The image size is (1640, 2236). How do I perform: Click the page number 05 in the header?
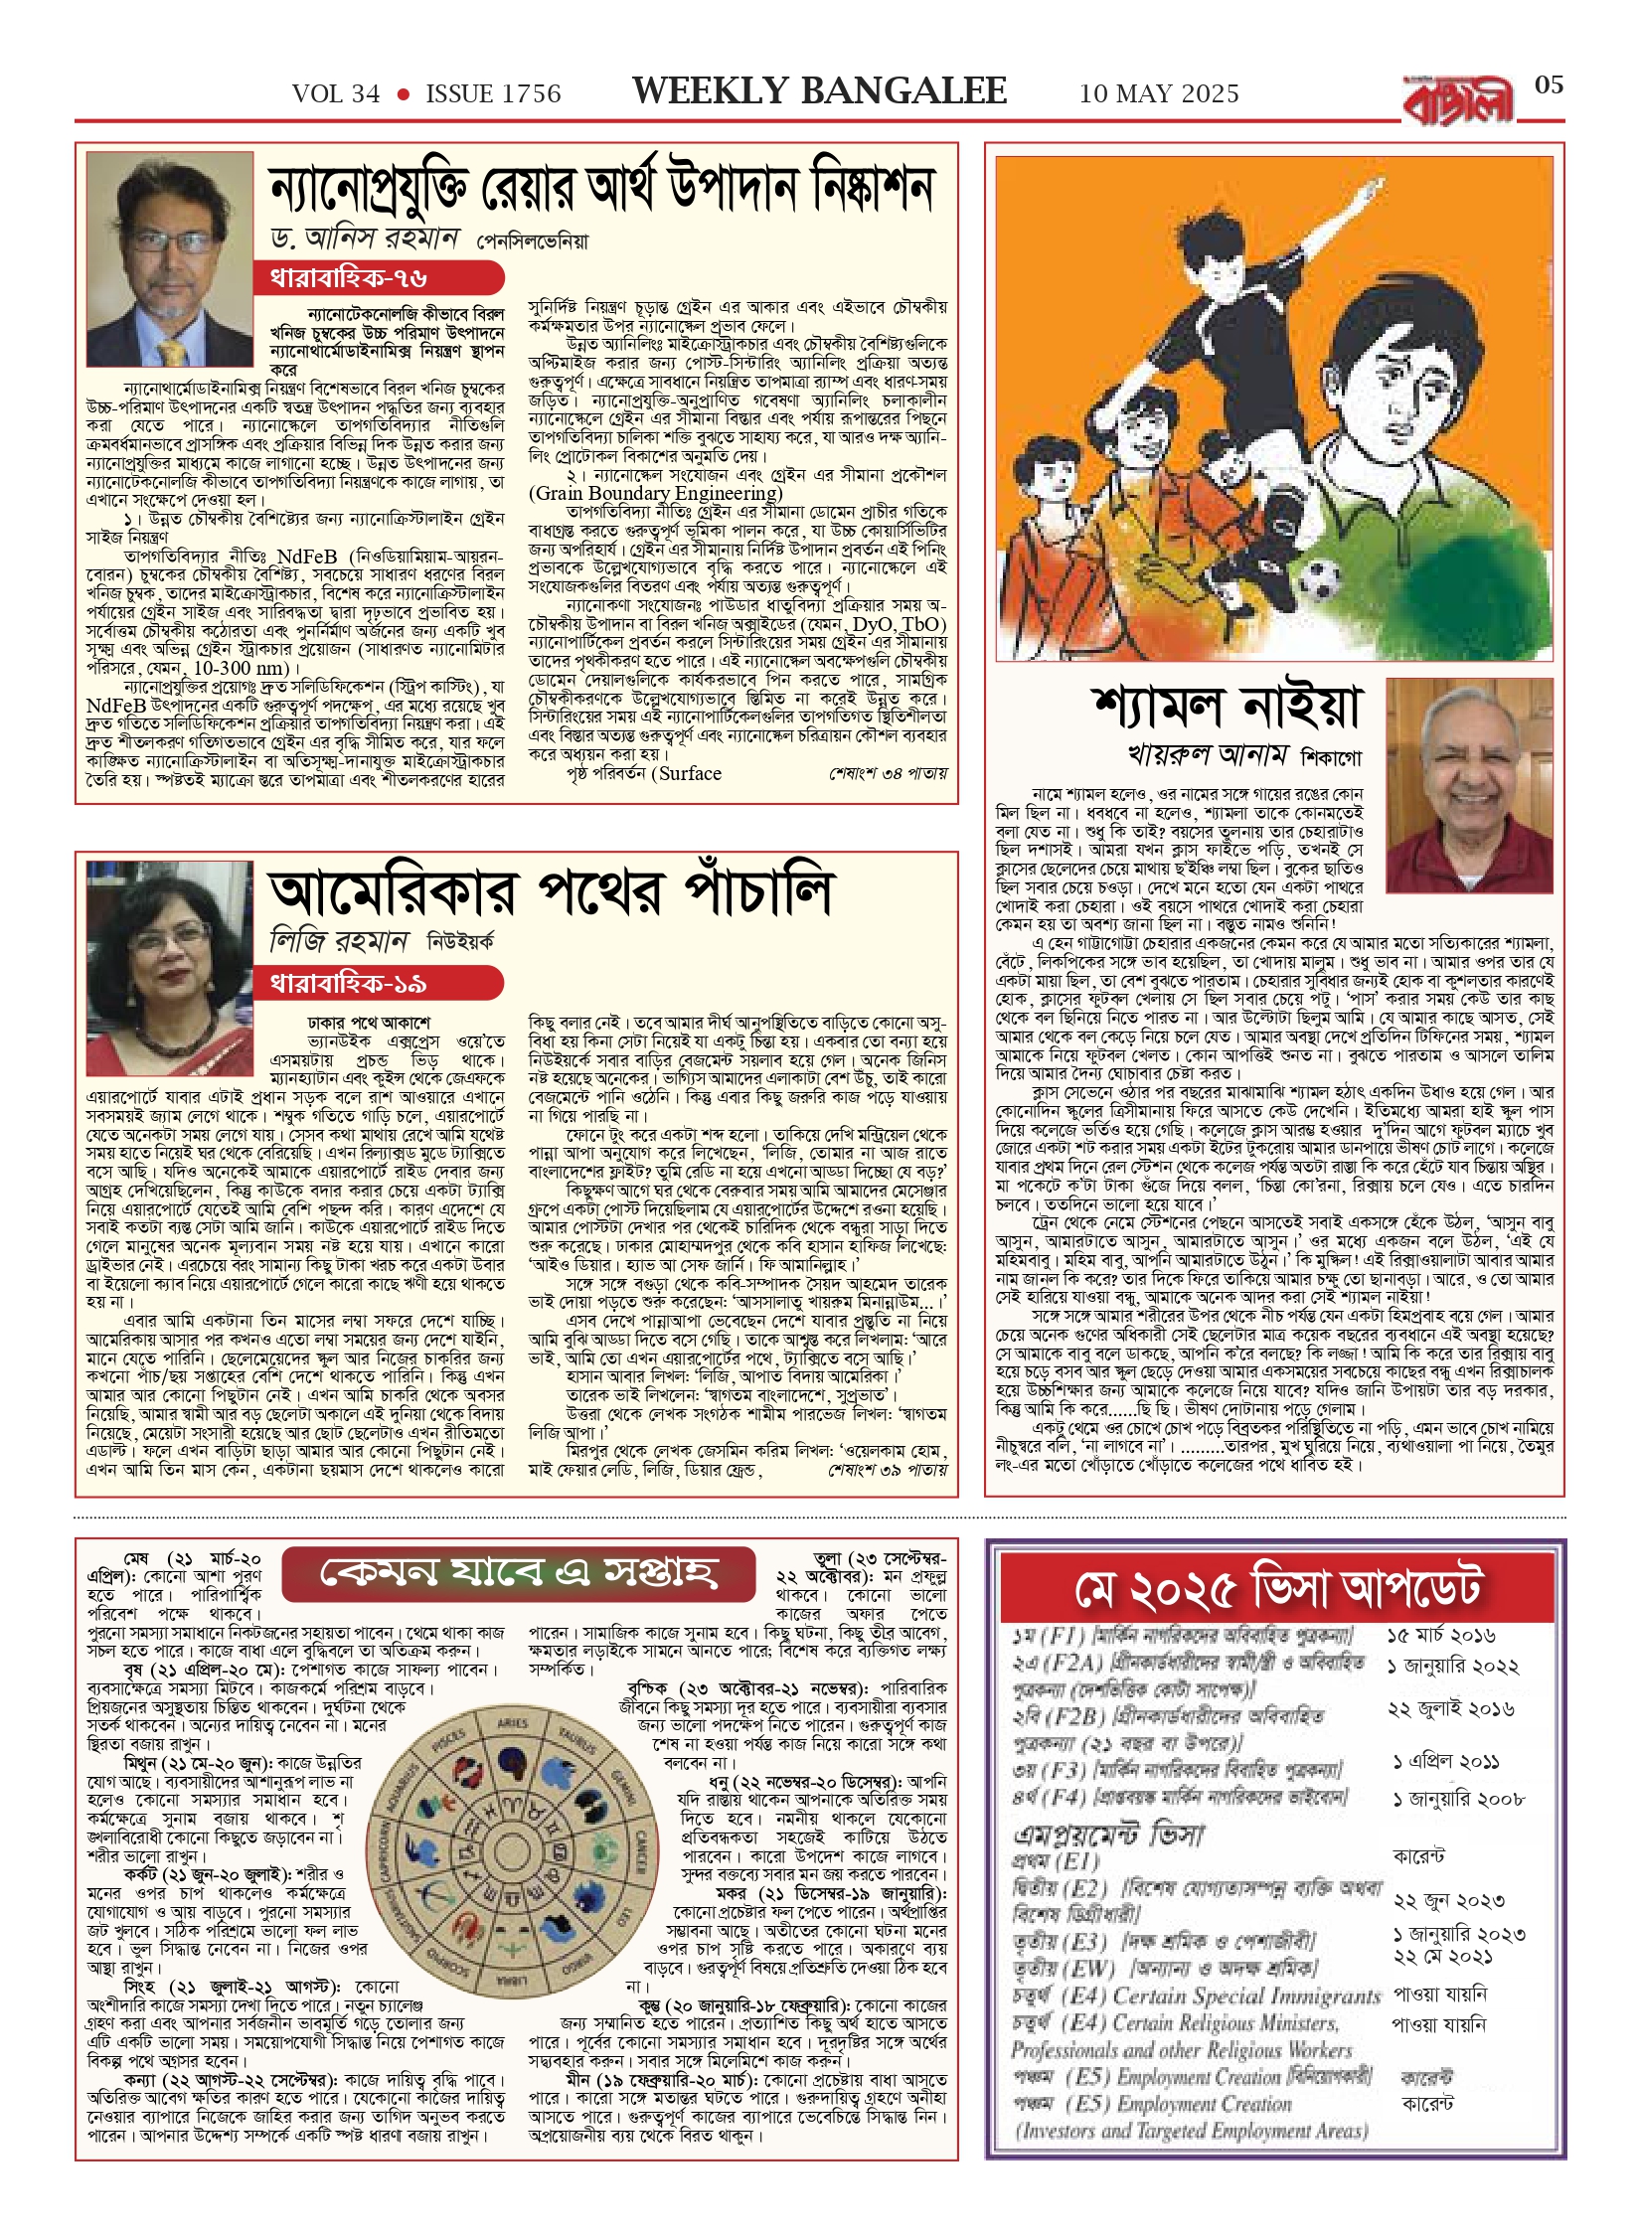pyautogui.click(x=1549, y=85)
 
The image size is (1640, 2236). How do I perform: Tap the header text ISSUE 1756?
pyautogui.click(x=493, y=94)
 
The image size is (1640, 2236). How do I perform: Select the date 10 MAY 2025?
pyautogui.click(x=1159, y=94)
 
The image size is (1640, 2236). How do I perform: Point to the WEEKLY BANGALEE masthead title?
pyautogui.click(x=819, y=91)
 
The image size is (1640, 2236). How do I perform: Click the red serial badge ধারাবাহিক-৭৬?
pyautogui.click(x=348, y=278)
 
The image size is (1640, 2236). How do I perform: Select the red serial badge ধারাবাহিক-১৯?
pyautogui.click(x=348, y=984)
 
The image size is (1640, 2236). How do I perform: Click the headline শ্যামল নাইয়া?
pyautogui.click(x=1225, y=707)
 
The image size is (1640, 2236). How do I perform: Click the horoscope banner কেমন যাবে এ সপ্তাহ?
pyautogui.click(x=517, y=1572)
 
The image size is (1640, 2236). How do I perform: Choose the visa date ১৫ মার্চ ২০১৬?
pyautogui.click(x=1440, y=1636)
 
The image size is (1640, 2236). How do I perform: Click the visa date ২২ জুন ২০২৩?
pyautogui.click(x=1448, y=1901)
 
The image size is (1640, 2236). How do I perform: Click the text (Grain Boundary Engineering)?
pyautogui.click(x=655, y=494)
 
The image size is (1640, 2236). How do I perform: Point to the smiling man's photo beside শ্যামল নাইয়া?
pyautogui.click(x=1469, y=772)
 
